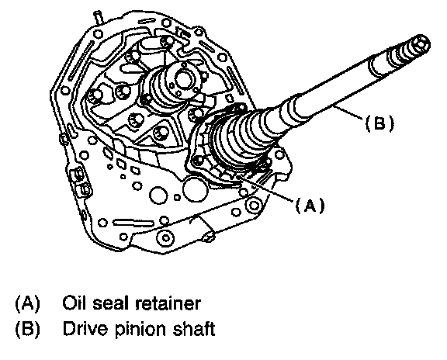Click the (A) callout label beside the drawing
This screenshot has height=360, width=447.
click(x=310, y=206)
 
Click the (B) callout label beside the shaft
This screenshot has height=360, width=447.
click(x=379, y=123)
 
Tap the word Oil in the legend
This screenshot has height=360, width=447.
click(x=74, y=303)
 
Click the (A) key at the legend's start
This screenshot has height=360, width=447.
click(x=27, y=303)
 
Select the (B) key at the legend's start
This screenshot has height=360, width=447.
click(x=27, y=329)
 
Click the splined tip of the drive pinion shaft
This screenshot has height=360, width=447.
click(x=411, y=49)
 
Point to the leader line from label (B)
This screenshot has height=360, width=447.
click(x=348, y=112)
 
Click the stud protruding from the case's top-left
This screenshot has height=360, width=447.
click(x=99, y=18)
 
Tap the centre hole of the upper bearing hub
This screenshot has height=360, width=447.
click(x=183, y=79)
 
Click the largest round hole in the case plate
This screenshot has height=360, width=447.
click(x=196, y=189)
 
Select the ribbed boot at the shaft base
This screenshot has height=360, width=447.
click(x=242, y=137)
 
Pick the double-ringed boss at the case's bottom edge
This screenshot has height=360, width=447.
click(x=166, y=237)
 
